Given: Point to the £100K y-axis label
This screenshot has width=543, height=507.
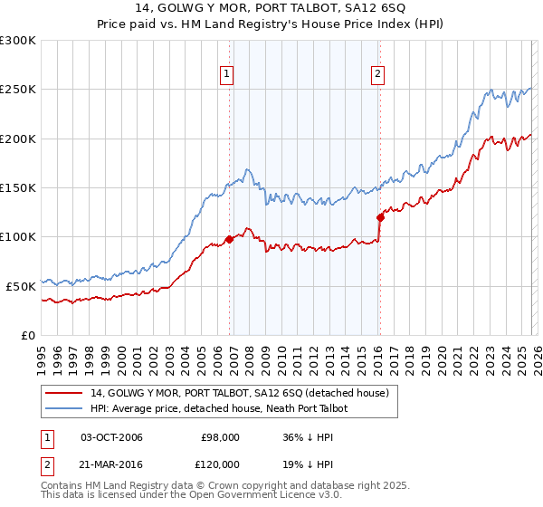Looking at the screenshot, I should click(18, 236).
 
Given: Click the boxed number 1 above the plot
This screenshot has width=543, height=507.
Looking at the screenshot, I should click(226, 75).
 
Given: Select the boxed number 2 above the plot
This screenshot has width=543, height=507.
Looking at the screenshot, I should click(376, 75).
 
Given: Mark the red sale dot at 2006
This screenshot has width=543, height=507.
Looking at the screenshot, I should click(230, 239).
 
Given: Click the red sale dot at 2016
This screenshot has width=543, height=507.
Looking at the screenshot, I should click(380, 217).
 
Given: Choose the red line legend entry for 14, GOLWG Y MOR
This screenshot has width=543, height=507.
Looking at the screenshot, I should click(239, 393).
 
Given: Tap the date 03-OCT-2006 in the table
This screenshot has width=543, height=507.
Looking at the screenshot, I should click(111, 437).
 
